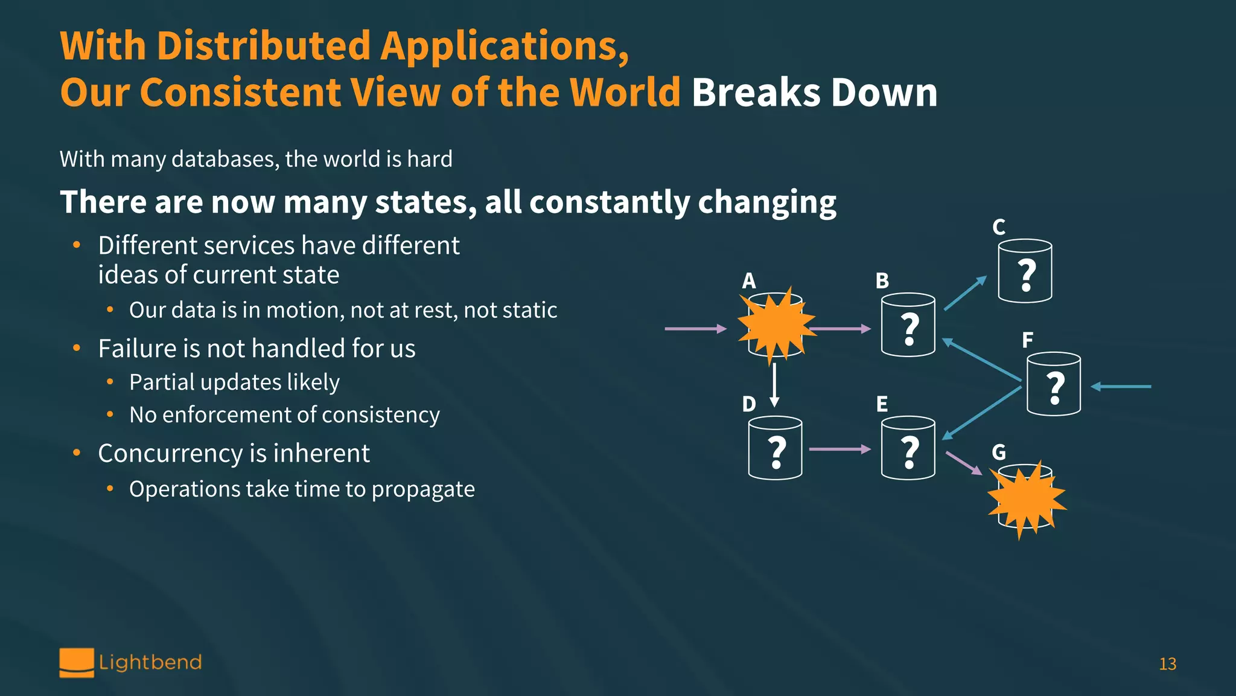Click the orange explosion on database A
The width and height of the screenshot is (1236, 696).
click(776, 325)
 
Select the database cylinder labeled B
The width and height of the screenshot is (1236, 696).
click(908, 325)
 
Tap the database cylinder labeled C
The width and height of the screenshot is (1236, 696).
click(1025, 271)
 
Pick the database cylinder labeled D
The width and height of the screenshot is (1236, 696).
click(775, 448)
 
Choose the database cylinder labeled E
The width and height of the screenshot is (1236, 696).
click(908, 448)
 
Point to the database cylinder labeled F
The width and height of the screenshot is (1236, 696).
click(1053, 384)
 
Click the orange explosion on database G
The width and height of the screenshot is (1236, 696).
click(1026, 499)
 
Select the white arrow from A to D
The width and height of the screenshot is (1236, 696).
click(774, 384)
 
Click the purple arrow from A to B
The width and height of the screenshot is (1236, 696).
click(840, 329)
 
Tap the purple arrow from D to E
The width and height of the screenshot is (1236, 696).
click(839, 449)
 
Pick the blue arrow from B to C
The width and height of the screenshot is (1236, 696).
click(964, 294)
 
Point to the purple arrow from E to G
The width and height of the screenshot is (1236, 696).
click(963, 463)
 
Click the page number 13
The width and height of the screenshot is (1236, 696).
click(1167, 664)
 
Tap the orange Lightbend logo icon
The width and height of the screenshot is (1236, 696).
click(77, 663)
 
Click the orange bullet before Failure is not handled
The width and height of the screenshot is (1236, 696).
click(77, 349)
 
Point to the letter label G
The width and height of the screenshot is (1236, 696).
click(999, 452)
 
